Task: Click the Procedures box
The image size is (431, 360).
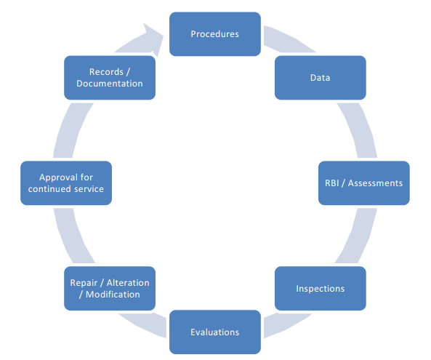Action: pyautogui.click(x=215, y=34)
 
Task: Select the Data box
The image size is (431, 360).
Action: pyautogui.click(x=321, y=78)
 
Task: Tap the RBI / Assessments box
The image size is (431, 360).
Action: pyautogui.click(x=364, y=183)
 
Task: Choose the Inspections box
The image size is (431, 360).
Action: pyautogui.click(x=321, y=289)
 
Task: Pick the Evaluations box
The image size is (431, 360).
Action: pyautogui.click(x=215, y=332)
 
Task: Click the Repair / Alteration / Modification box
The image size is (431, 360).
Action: pyautogui.click(x=110, y=289)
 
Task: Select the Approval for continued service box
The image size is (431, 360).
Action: pyautogui.click(x=66, y=183)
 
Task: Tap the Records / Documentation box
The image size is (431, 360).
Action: pyautogui.click(x=110, y=78)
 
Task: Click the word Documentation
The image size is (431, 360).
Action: pyautogui.click(x=110, y=84)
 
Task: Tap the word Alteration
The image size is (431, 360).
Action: pyautogui.click(x=128, y=283)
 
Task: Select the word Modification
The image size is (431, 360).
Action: pyautogui.click(x=113, y=295)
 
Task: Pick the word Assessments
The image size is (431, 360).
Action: pyautogui.click(x=375, y=183)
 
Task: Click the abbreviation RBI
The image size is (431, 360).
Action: pyautogui.click(x=331, y=183)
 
